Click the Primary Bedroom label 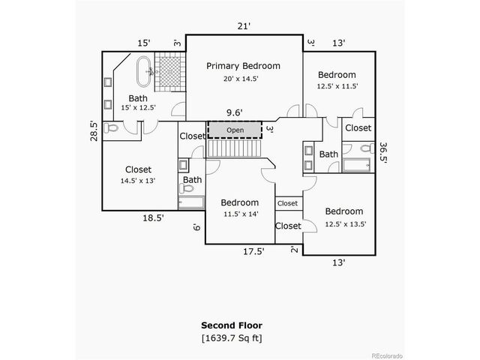tap(244, 66)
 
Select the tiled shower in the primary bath tap(169, 73)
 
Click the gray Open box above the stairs tap(235, 130)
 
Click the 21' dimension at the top tap(244, 26)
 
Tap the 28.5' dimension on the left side tap(94, 130)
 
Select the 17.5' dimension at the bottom tap(252, 252)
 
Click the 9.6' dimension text tap(235, 113)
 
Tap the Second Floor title tap(232, 325)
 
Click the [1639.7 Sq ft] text tap(232, 338)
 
